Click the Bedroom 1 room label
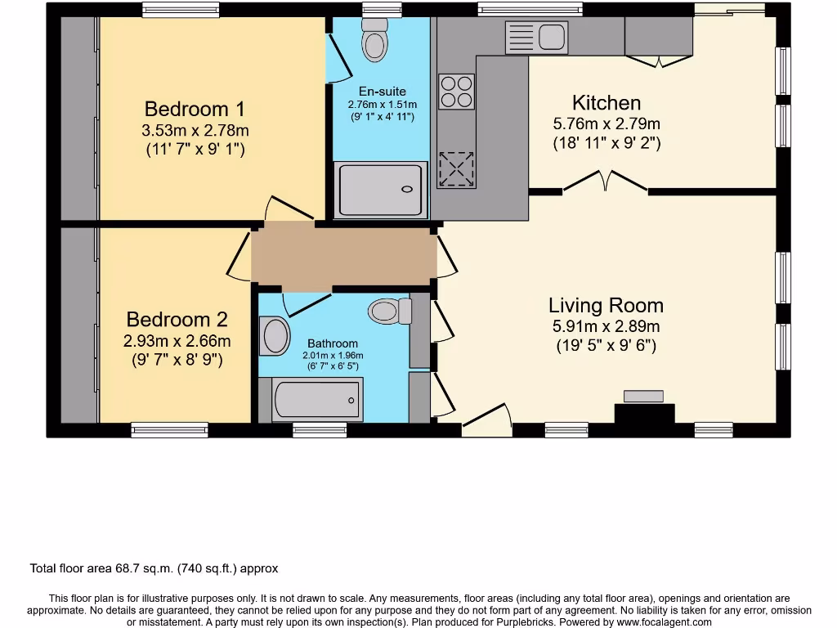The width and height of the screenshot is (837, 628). pos(195,109)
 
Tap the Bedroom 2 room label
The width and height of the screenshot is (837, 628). pos(177,320)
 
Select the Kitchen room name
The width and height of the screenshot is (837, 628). pos(606,103)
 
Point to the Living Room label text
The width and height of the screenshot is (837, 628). pos(606,306)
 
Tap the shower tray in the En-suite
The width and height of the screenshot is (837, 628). pos(381,188)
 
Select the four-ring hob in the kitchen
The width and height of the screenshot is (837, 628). pos(456,91)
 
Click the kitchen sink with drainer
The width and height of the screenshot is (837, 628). pos(536,37)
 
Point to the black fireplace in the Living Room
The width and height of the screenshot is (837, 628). pos(644,413)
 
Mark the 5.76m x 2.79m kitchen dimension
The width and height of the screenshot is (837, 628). pos(606,124)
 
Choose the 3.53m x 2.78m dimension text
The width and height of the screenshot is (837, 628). pos(195,131)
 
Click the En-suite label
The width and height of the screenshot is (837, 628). pos(382,92)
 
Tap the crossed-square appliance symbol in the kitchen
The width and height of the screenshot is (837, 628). pos(456,169)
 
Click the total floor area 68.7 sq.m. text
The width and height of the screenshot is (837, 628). pos(154,568)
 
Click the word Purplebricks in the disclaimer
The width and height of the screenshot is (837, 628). pos(523,622)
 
